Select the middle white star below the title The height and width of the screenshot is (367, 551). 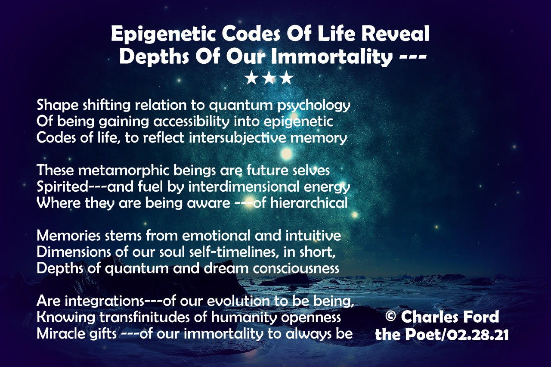[x=269, y=78]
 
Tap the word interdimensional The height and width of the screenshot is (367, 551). [x=244, y=187]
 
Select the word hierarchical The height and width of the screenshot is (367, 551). [x=309, y=203]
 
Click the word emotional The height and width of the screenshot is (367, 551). [x=216, y=236]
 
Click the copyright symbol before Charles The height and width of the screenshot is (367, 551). [x=390, y=316]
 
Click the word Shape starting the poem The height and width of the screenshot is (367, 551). [x=58, y=106]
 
